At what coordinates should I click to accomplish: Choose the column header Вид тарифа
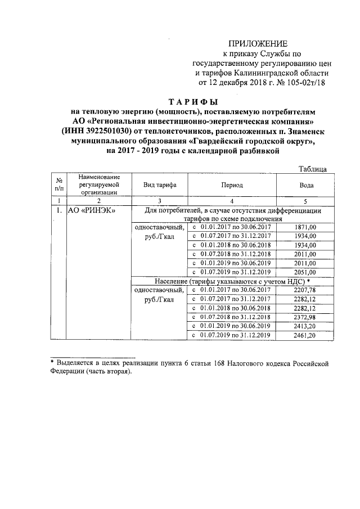pyautogui.click(x=160, y=184)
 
